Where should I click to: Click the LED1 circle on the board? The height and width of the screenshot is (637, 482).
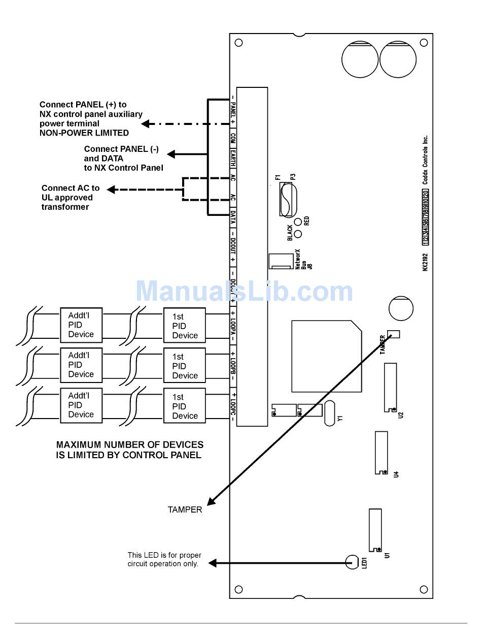click(x=352, y=561)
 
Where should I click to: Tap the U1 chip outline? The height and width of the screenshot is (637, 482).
click(x=375, y=530)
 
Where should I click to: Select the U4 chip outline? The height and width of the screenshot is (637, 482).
click(x=381, y=452)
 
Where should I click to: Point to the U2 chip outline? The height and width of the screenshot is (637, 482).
click(x=390, y=387)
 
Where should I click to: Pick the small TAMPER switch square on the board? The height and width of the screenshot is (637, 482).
click(x=393, y=334)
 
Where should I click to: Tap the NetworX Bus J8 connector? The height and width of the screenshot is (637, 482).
click(x=281, y=261)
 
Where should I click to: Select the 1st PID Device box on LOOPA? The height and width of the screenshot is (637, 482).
click(x=184, y=325)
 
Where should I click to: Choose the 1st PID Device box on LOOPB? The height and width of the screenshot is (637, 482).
click(x=184, y=366)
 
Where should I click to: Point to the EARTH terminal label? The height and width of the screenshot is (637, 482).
click(x=233, y=157)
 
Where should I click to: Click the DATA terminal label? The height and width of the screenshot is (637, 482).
click(x=233, y=219)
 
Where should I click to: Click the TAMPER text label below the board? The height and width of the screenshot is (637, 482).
click(x=185, y=509)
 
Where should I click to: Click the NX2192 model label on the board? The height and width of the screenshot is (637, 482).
click(x=426, y=262)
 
